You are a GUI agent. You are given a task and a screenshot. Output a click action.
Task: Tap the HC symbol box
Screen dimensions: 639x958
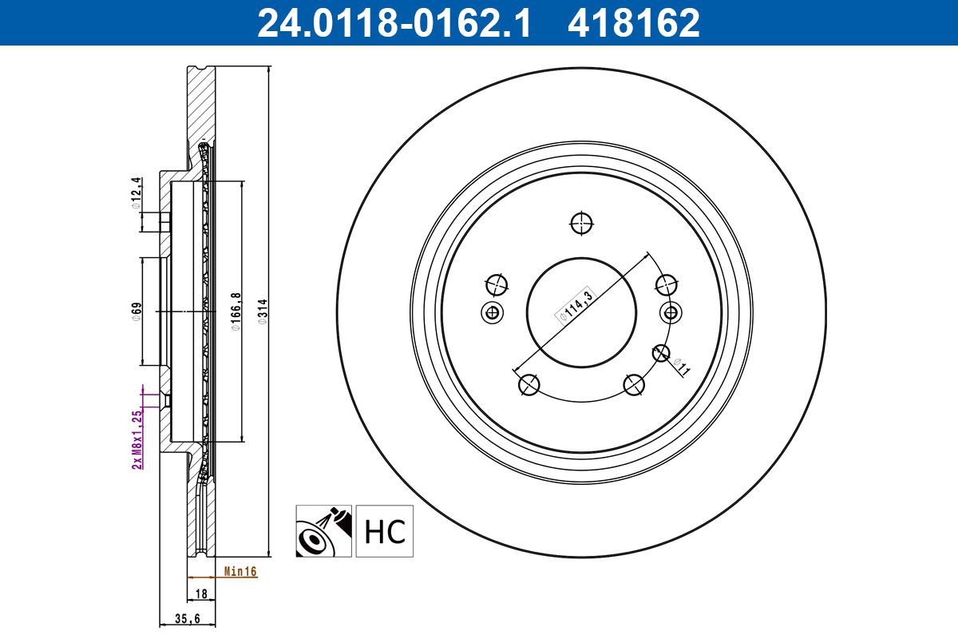(x=385, y=531)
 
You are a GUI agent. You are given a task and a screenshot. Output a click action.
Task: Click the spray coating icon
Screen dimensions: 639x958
(x=323, y=531)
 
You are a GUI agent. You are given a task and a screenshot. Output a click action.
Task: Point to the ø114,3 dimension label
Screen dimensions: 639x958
(x=575, y=304)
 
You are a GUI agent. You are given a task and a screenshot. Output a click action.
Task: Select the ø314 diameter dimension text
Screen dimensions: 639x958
(x=261, y=313)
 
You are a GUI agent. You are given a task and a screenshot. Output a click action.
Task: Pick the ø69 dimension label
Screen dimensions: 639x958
(x=137, y=311)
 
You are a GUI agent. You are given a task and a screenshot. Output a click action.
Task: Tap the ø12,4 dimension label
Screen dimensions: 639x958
(x=137, y=194)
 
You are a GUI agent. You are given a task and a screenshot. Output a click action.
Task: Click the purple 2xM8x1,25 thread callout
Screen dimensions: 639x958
(x=137, y=439)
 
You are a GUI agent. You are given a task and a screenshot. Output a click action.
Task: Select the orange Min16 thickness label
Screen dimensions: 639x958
(x=239, y=572)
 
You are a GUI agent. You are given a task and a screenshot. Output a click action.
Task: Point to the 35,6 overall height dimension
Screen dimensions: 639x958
(x=187, y=618)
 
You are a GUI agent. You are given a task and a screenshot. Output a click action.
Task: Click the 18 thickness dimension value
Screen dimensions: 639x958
(x=201, y=594)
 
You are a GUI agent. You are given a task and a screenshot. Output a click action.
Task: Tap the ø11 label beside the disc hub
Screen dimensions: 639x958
(x=680, y=367)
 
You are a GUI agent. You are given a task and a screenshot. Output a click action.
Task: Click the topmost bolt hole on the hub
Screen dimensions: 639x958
(x=582, y=224)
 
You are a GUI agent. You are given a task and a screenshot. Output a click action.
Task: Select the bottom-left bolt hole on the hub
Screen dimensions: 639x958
(x=528, y=386)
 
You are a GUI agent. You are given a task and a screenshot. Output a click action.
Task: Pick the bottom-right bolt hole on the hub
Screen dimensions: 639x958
(x=635, y=386)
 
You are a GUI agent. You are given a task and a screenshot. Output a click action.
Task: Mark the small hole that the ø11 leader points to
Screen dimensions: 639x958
(x=660, y=352)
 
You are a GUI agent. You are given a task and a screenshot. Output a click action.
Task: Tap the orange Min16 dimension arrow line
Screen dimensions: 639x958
(x=203, y=576)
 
